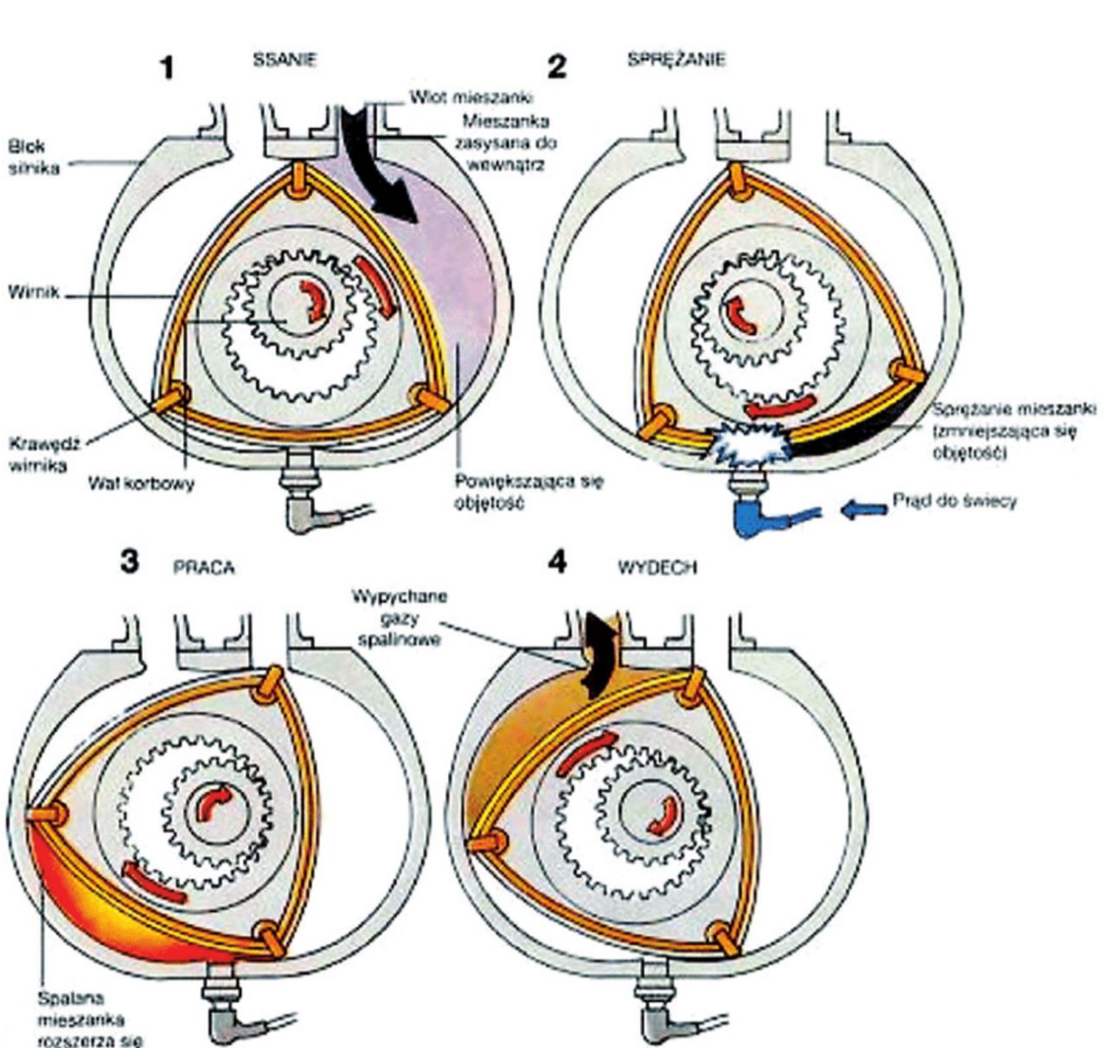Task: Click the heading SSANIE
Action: (285, 61)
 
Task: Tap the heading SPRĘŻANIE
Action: (676, 60)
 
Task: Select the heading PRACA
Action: (203, 567)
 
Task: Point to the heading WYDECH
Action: (657, 568)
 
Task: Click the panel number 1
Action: (169, 67)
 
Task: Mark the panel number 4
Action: (558, 563)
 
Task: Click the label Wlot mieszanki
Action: (471, 98)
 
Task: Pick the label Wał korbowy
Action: (141, 483)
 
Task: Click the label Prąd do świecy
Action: (955, 501)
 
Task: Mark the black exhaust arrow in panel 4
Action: (598, 653)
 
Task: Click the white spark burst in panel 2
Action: (749, 441)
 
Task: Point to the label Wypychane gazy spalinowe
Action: (399, 617)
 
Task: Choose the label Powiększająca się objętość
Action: (528, 491)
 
